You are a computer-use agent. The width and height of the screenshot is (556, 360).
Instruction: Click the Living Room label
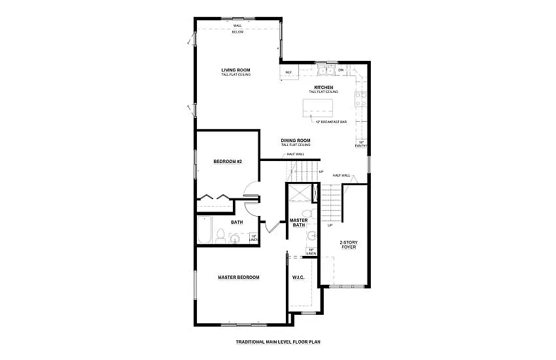click(x=235, y=70)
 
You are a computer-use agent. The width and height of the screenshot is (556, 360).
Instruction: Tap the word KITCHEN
click(x=324, y=87)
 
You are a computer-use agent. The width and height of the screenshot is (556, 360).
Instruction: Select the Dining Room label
click(x=296, y=140)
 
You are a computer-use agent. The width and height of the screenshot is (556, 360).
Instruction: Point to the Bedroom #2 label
click(x=228, y=161)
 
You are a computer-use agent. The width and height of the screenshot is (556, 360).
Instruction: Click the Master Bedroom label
click(x=238, y=277)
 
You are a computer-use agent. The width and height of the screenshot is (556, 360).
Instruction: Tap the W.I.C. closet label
click(x=299, y=277)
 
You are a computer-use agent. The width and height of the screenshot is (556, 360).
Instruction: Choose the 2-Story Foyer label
click(x=347, y=245)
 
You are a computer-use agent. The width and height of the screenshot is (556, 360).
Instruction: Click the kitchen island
click(x=317, y=107)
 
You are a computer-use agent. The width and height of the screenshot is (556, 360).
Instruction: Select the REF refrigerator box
click(x=288, y=73)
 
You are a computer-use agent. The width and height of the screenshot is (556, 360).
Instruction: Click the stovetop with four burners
click(x=360, y=99)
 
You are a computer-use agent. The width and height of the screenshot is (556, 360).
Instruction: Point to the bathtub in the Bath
click(x=205, y=230)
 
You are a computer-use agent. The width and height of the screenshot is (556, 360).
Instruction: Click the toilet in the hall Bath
click(x=221, y=236)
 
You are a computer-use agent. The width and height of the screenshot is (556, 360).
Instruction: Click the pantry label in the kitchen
click(x=360, y=144)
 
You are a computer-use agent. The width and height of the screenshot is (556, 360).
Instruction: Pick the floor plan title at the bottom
click(x=277, y=342)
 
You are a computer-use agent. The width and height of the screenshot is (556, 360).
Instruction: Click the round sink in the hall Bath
click(x=235, y=240)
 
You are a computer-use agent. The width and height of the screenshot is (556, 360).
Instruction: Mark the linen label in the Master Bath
click(x=311, y=251)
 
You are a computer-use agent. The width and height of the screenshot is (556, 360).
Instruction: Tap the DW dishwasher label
click(x=341, y=70)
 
